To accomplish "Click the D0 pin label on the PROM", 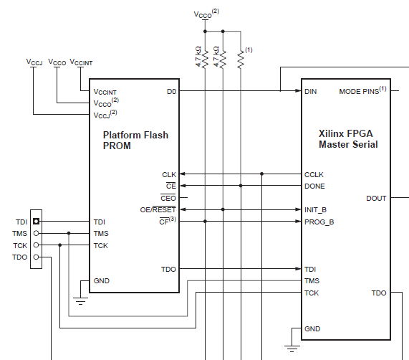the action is [x=171, y=92].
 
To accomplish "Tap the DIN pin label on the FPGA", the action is [x=310, y=92].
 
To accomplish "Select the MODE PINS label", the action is [x=362, y=90].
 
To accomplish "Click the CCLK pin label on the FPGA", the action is [x=314, y=175].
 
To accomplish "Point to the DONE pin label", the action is [x=314, y=186].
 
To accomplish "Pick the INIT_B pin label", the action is [x=315, y=210].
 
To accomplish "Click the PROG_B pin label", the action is [x=319, y=222].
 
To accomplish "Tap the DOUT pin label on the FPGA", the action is [x=376, y=199].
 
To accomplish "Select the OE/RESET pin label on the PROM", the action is [x=158, y=209].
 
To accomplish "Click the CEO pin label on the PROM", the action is [x=168, y=198].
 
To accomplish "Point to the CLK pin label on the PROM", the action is [x=169, y=175].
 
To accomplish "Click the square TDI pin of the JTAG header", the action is [x=37, y=222].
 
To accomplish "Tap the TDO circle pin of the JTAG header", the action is [x=37, y=257].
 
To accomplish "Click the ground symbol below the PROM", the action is [x=80, y=301].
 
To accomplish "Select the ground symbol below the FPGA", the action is [x=292, y=349].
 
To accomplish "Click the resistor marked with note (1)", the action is [x=241, y=60].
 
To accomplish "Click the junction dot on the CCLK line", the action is [x=262, y=174].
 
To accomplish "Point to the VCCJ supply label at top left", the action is [x=34, y=62].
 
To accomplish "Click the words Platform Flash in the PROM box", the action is [x=135, y=136].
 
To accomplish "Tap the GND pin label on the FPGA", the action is [x=312, y=329].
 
